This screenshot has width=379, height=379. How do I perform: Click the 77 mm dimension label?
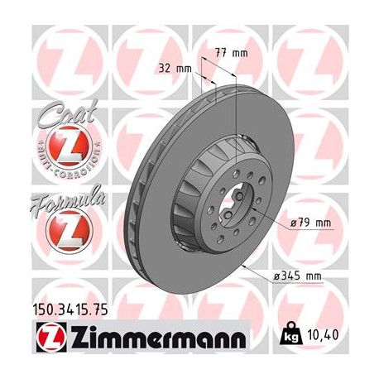click(x=236, y=54)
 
